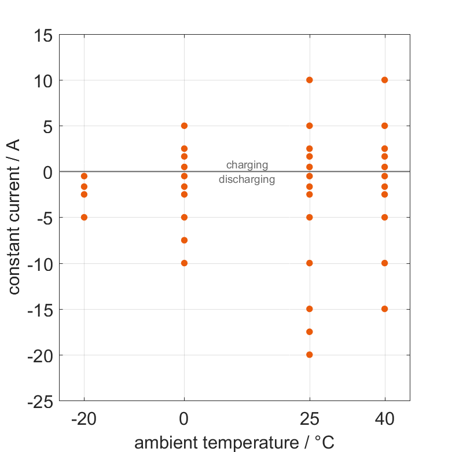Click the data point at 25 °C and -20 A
pos(310,355)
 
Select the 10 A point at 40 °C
pos(384,80)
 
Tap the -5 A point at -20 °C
pos(84,218)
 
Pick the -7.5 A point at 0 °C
pos(184,240)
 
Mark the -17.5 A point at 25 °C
pos(310,332)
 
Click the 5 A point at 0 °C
pos(184,126)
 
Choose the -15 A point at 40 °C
pos(384,309)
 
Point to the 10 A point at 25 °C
pos(310,80)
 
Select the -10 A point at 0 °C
pos(184,263)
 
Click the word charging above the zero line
pos(247,166)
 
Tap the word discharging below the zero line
pos(247,179)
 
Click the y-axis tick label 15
pos(43,35)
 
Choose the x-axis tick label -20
pos(84,420)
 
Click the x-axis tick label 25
pos(310,420)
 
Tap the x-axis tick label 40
pos(384,420)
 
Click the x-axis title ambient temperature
pos(234,443)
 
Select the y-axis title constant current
pos(14,218)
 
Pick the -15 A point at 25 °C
pos(310,309)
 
